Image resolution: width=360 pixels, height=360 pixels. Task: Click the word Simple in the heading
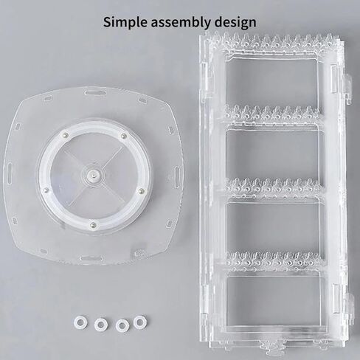pyautogui.click(x=125, y=22)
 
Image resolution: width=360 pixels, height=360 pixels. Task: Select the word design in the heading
pyautogui.click(x=235, y=22)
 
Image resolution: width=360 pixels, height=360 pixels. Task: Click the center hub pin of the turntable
pyautogui.click(x=95, y=174)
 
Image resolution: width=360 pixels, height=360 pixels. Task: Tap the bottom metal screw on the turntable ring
pyautogui.click(x=93, y=224)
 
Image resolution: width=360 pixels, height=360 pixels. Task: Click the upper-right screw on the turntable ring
pyautogui.click(x=124, y=136)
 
